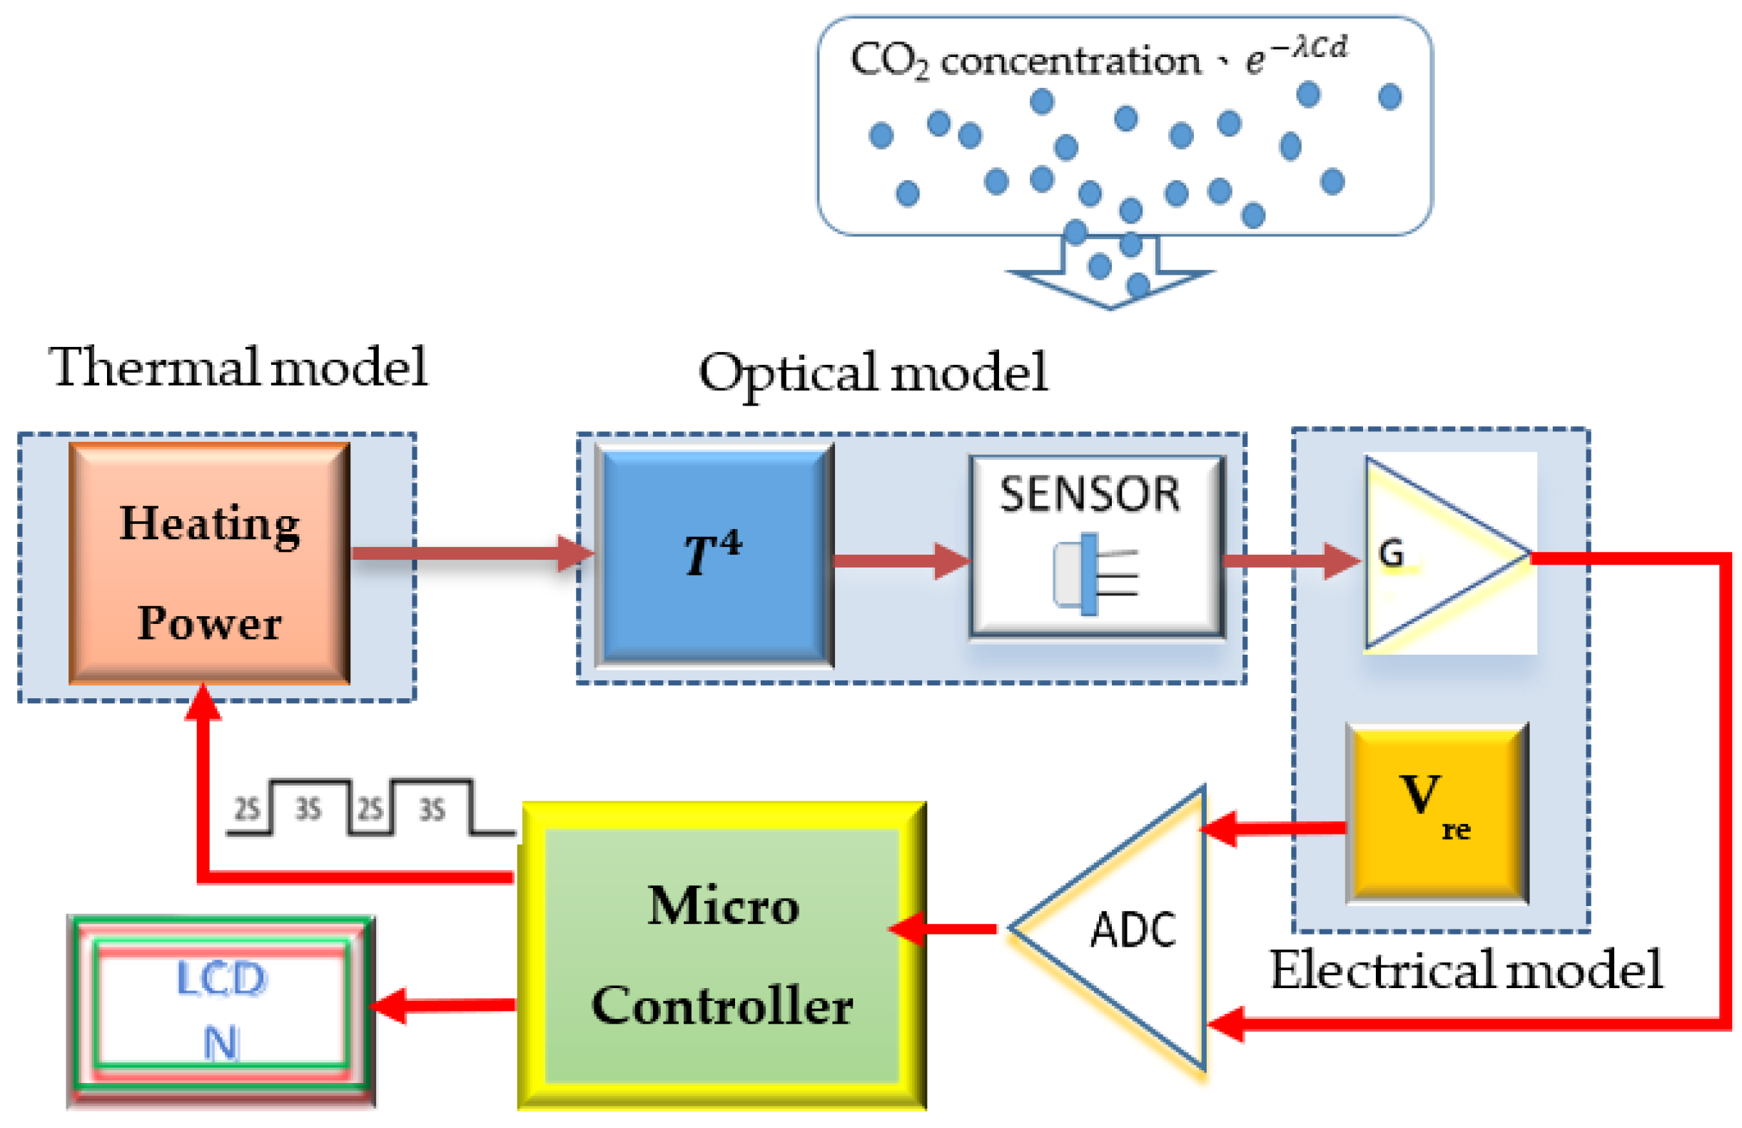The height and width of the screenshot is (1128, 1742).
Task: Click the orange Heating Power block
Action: pos(209,563)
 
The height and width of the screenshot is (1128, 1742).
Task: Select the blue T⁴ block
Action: pos(714,555)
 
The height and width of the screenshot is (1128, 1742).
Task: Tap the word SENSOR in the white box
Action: pos(1090,494)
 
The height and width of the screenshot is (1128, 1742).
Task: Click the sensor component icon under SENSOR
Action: pos(1095,574)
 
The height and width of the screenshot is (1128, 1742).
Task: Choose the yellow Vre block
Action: pos(1437,813)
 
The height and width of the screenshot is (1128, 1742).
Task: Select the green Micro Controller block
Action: pos(721,956)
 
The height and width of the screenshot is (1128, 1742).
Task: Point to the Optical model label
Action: pos(873,373)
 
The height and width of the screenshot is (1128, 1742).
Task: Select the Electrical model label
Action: pos(1466,970)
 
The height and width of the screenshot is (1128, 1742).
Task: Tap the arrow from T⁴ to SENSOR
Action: pos(902,560)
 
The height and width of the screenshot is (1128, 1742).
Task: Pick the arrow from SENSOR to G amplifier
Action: pos(1292,560)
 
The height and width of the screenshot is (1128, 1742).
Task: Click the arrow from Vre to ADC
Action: pos(1273,829)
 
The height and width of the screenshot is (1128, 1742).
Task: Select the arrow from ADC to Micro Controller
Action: pos(942,928)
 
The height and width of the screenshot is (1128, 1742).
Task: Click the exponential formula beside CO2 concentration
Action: pos(1296,56)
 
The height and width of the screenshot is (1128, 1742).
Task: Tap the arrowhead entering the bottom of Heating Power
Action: pos(203,700)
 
